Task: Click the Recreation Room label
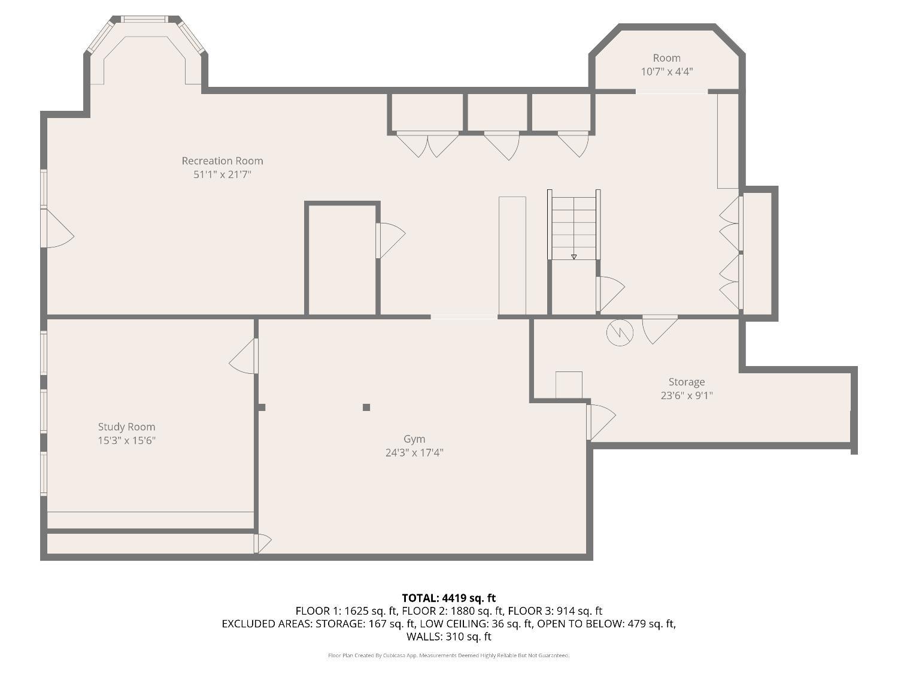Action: [x=222, y=161]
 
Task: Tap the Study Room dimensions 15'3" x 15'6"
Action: [x=127, y=440]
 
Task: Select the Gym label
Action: [x=414, y=440]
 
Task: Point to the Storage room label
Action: [x=687, y=382]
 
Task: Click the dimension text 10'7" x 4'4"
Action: [x=666, y=72]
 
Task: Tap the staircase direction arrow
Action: [x=574, y=257]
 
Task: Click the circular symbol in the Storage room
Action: [x=620, y=333]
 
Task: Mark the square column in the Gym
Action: [x=366, y=407]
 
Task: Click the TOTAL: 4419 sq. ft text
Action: [x=449, y=598]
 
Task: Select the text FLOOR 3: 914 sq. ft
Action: [x=555, y=611]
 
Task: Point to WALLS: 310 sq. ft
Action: [x=449, y=636]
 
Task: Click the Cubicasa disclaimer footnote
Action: [x=449, y=655]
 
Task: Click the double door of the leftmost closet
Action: [x=427, y=144]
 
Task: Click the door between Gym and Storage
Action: [x=602, y=422]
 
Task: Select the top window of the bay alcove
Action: [x=144, y=19]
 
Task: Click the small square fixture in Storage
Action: [x=569, y=385]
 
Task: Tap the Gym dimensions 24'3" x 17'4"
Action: [x=414, y=452]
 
